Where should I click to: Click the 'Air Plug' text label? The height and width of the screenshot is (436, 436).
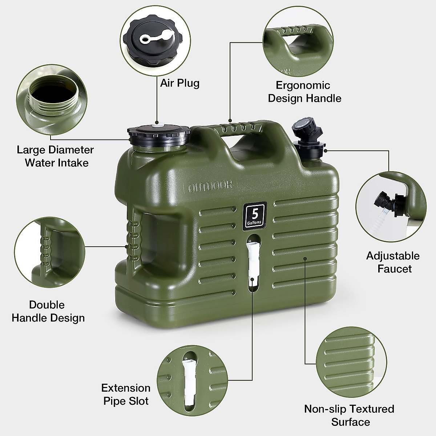[180, 83]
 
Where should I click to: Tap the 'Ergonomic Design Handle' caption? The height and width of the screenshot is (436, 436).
[304, 92]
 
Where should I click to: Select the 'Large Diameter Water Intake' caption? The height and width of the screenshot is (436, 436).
[55, 156]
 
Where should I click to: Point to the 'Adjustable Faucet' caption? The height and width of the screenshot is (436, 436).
[392, 262]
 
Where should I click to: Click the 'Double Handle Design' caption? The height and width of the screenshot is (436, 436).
[48, 311]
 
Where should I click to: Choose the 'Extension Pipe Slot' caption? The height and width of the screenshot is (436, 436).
[126, 395]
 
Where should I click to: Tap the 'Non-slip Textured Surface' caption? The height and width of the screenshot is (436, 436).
[349, 415]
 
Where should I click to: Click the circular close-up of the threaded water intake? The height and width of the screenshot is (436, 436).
[51, 100]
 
